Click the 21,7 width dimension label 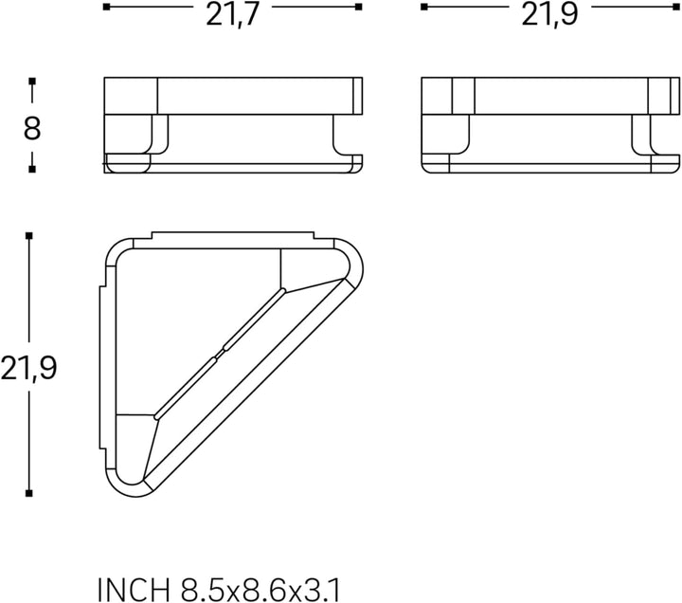[x=232, y=14]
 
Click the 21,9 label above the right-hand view [x=549, y=14]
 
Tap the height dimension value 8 [x=32, y=128]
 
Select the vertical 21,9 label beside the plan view [x=28, y=368]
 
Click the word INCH [x=134, y=591]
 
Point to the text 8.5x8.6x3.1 [x=260, y=591]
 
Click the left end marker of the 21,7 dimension [x=106, y=7]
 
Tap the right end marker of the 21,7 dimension [x=358, y=7]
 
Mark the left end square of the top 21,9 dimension [x=424, y=7]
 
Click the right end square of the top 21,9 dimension [x=676, y=7]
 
